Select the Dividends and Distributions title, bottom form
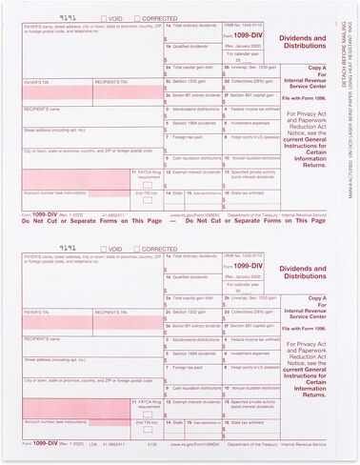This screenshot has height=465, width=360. pyautogui.click(x=296, y=271)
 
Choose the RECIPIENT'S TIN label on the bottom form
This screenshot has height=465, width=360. pyautogui.click(x=110, y=327)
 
